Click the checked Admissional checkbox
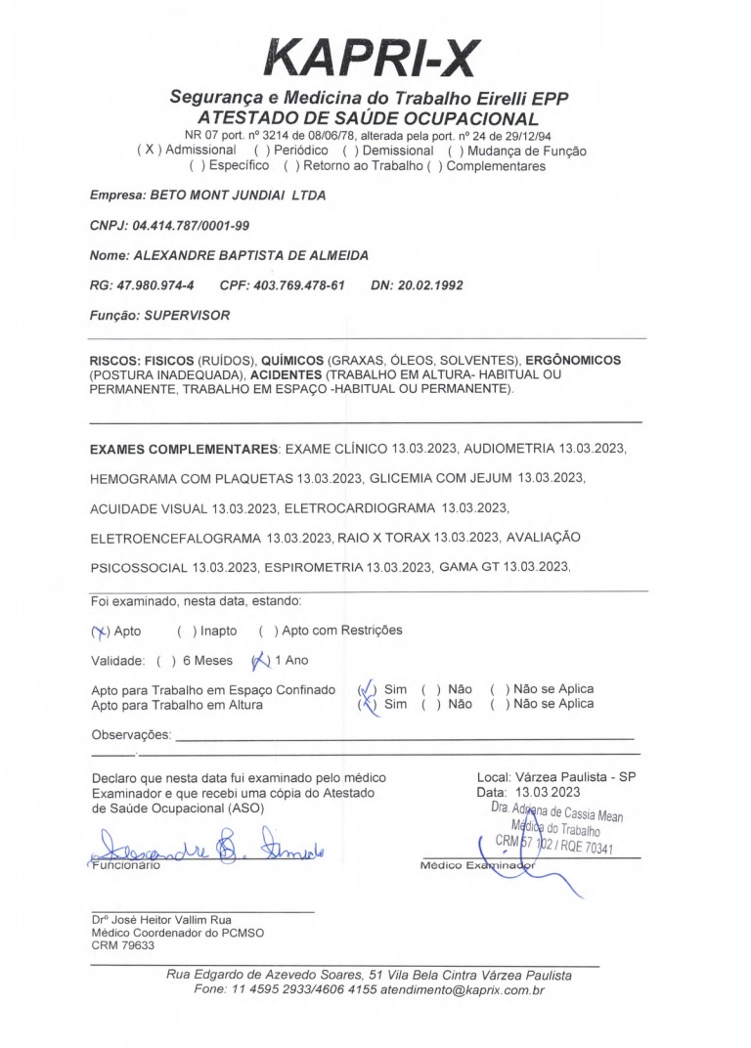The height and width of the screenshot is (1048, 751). pyautogui.click(x=149, y=151)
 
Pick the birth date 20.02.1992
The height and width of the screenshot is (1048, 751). pyautogui.click(x=430, y=286)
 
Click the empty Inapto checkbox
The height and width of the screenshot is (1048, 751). pyautogui.click(x=186, y=632)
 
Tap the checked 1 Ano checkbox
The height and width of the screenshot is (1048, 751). pyautogui.click(x=259, y=661)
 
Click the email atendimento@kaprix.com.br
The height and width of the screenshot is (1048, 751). pyautogui.click(x=463, y=990)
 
